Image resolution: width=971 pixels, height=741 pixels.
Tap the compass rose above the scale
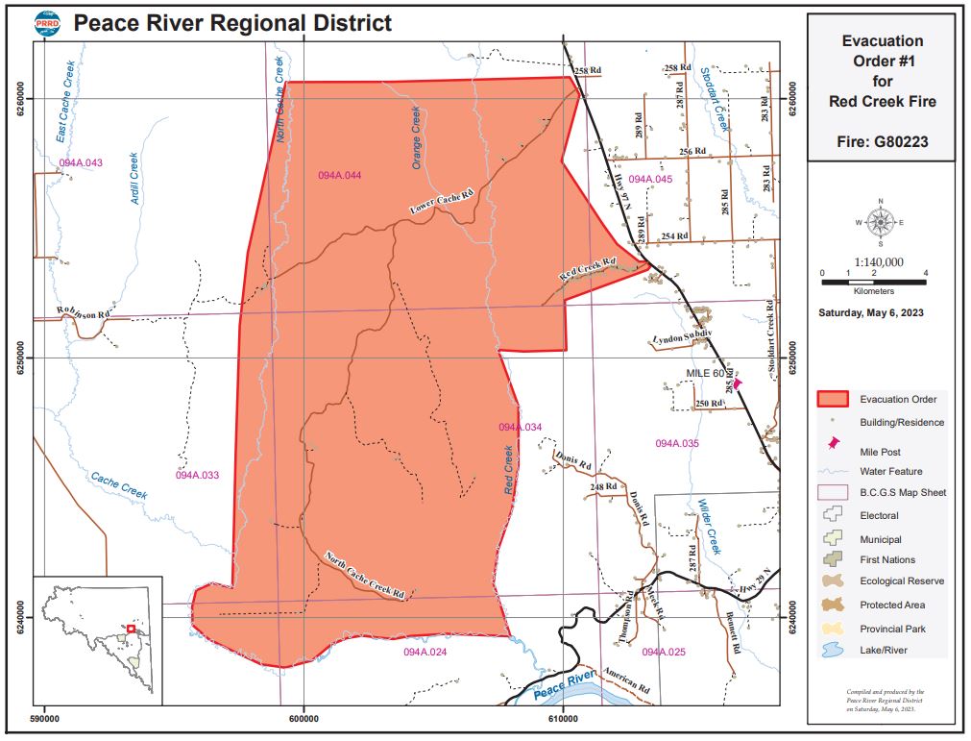point(879,223)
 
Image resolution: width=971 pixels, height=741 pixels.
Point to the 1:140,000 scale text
point(878,261)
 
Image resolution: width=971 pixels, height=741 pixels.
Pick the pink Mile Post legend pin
point(832,446)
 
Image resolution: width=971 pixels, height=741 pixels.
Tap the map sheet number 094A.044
point(340,175)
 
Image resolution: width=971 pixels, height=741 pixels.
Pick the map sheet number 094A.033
point(198,475)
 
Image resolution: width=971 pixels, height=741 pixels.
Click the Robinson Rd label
point(85,311)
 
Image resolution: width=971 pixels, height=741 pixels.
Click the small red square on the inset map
point(131,630)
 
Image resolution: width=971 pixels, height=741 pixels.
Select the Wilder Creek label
point(708,526)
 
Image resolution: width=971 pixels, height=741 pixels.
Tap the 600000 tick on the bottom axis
point(303,717)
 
